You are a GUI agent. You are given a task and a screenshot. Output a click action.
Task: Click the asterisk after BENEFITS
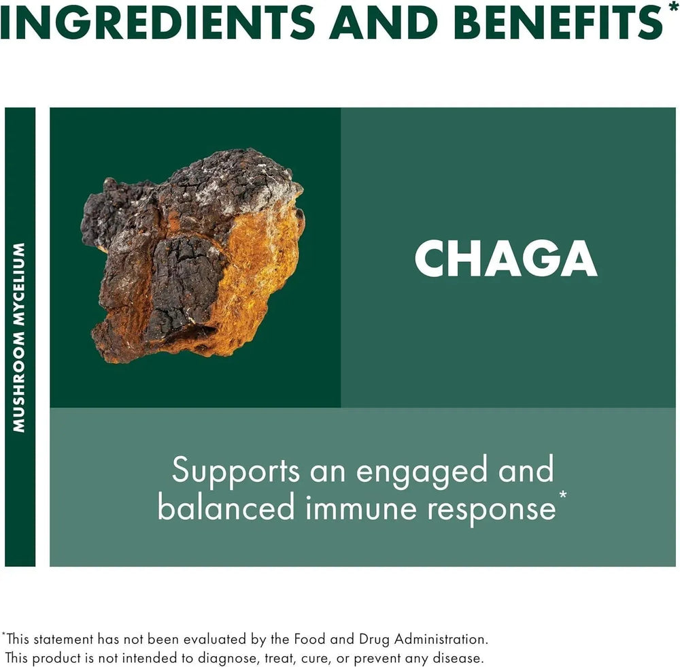(673, 8)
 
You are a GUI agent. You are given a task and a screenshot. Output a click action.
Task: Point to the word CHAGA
(506, 259)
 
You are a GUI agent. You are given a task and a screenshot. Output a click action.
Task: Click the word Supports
(235, 472)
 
